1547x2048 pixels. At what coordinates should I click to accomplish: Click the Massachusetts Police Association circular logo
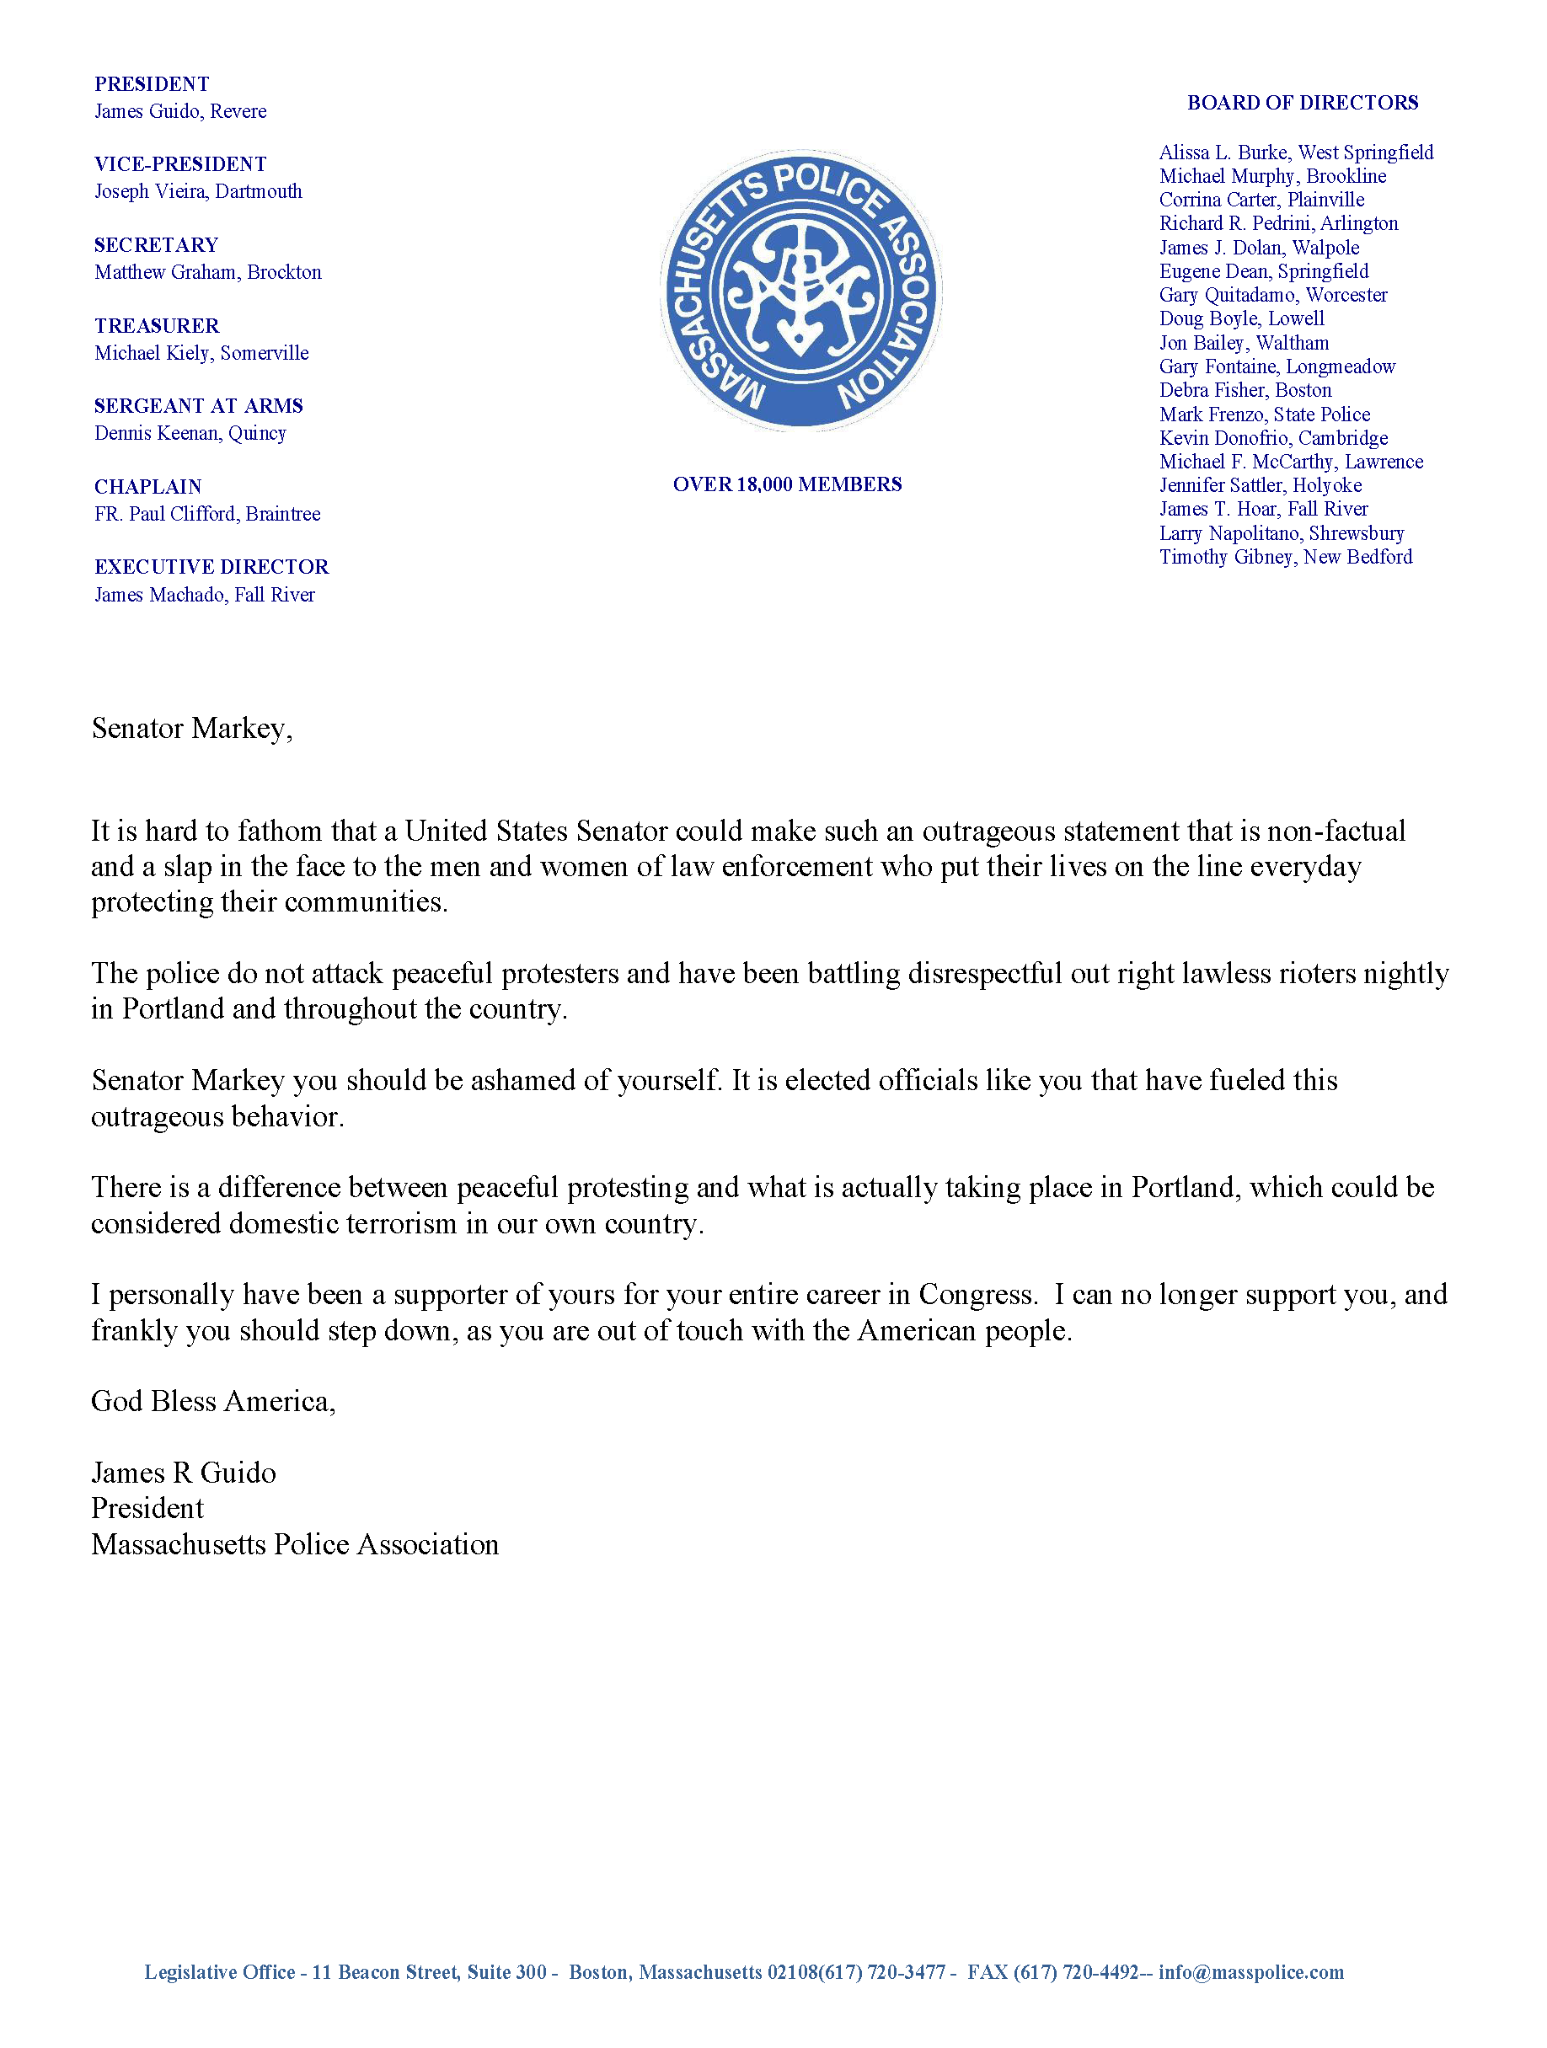[800, 291]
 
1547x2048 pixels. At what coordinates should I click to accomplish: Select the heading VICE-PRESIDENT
[180, 165]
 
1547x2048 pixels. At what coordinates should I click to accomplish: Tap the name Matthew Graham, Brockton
[208, 272]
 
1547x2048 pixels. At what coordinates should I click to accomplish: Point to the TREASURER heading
[157, 326]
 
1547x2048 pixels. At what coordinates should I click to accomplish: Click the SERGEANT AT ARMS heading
[199, 406]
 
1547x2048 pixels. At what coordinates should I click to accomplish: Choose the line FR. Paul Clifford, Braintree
[207, 514]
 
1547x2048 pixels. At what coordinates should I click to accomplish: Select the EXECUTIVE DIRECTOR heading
[212, 567]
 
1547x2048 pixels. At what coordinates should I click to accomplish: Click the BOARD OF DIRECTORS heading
[1303, 103]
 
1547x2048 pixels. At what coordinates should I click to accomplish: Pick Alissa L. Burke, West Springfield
[1296, 152]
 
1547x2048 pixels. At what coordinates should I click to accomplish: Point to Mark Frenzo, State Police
[1265, 414]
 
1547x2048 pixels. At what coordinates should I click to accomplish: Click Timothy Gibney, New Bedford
[1286, 558]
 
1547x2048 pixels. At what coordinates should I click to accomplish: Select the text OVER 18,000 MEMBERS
[787, 485]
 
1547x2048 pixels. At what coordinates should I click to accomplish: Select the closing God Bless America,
[213, 1402]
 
